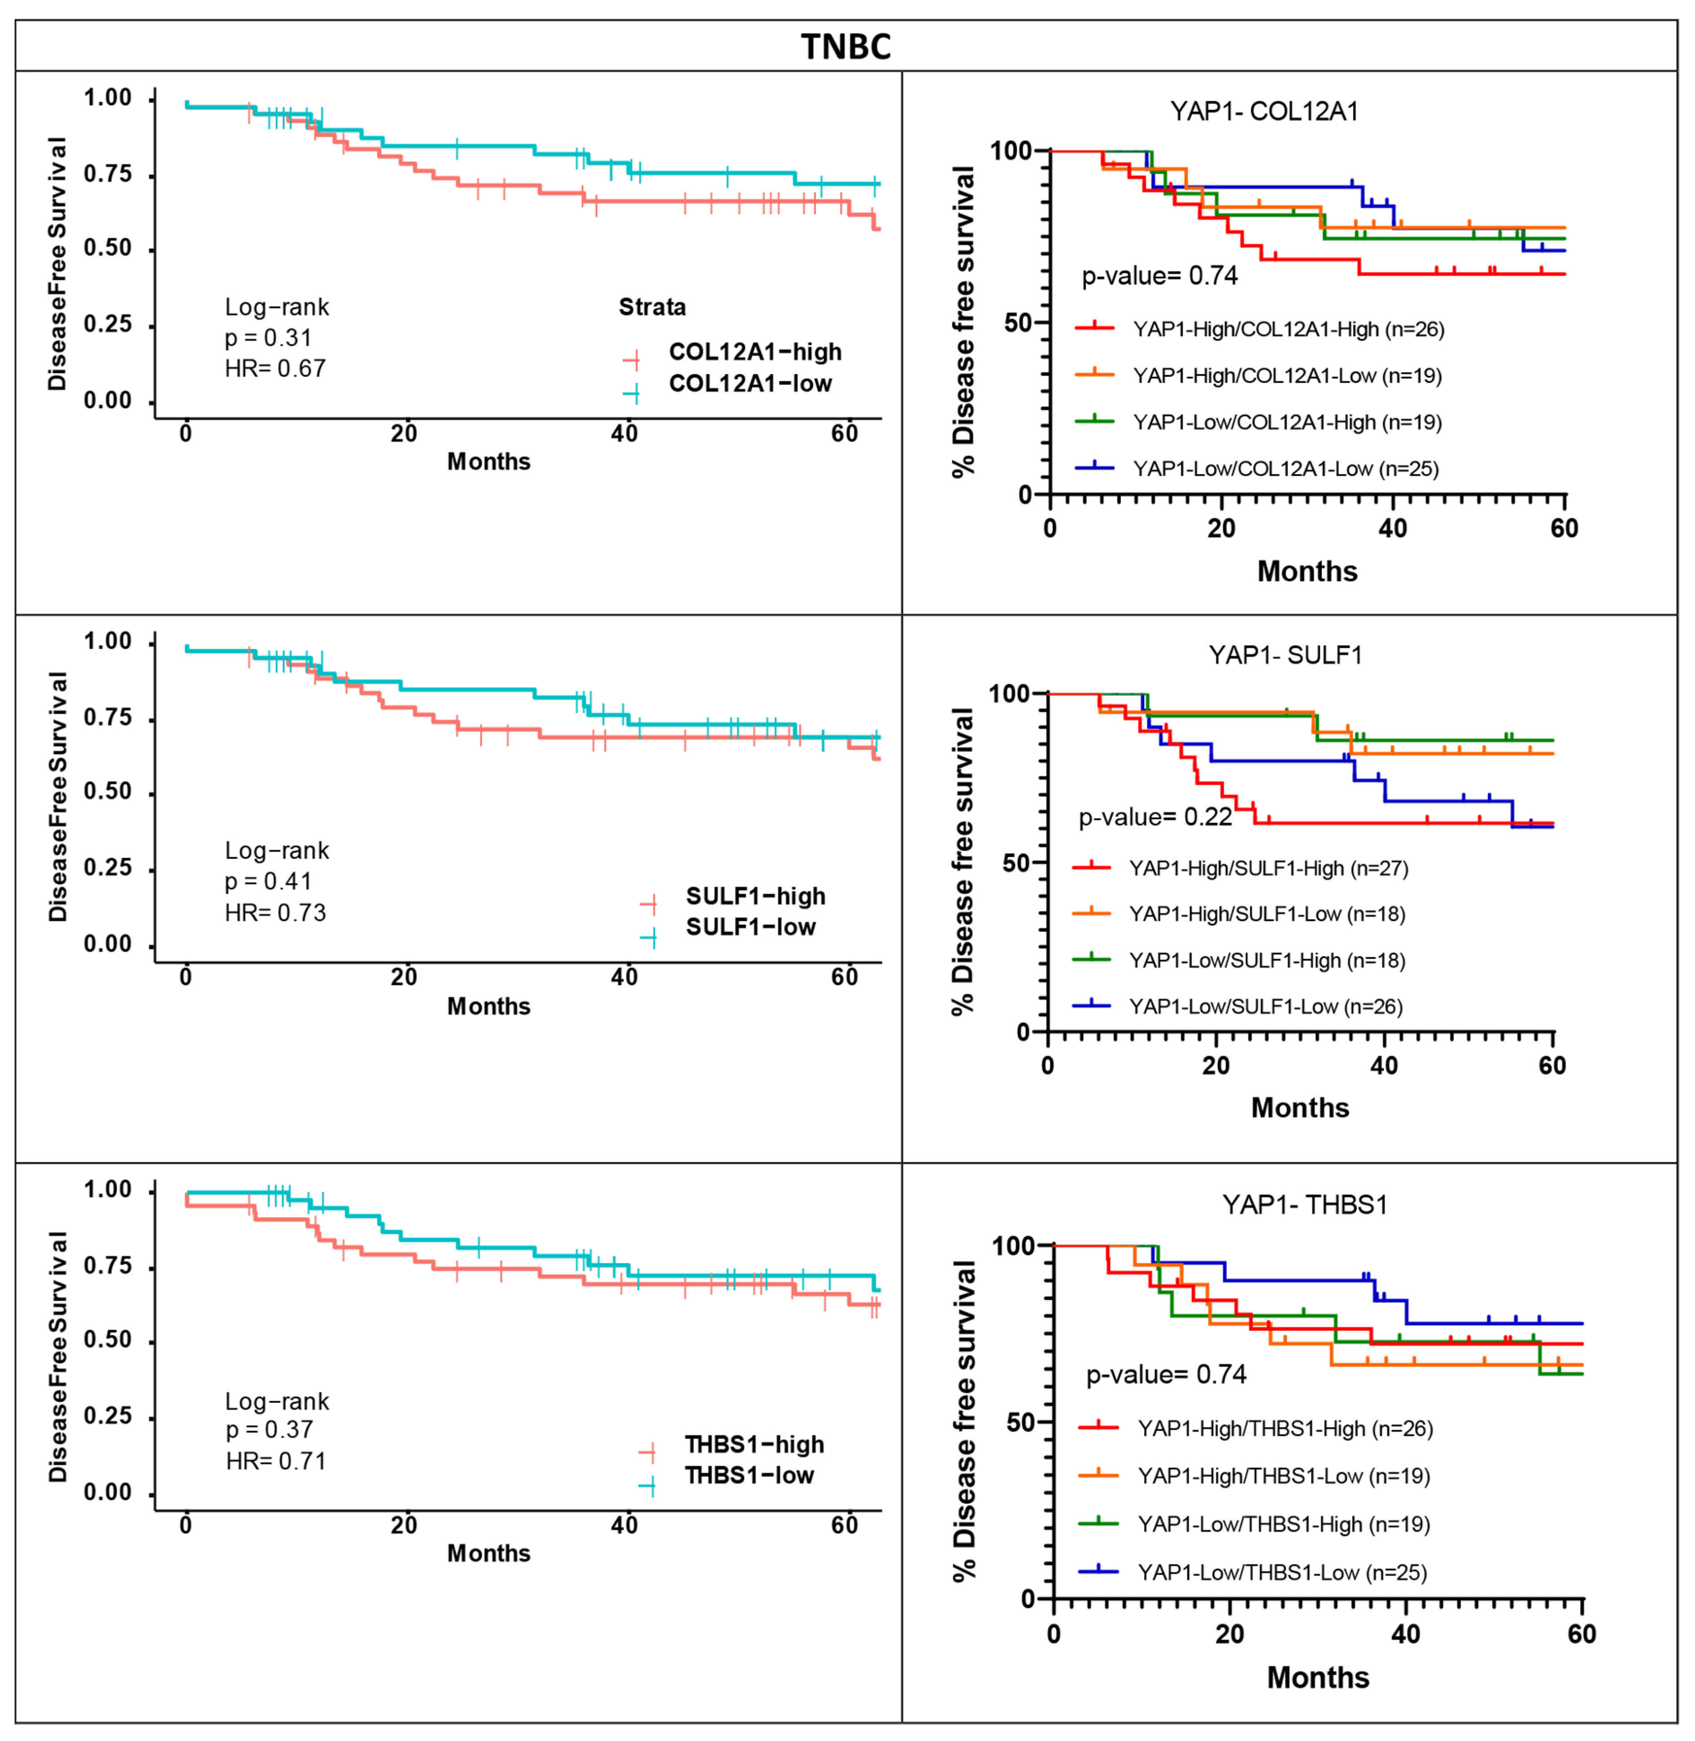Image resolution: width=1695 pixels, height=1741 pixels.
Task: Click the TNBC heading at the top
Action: tap(846, 46)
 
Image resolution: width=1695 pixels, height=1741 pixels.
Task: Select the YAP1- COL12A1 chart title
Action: tap(1264, 111)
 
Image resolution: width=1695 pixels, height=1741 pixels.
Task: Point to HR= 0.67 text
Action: tap(275, 369)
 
